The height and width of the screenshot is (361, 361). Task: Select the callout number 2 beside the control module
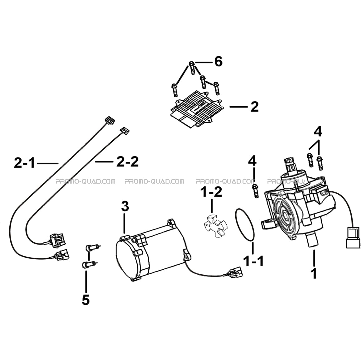pyautogui.click(x=254, y=107)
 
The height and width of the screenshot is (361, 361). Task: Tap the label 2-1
pyautogui.click(x=24, y=162)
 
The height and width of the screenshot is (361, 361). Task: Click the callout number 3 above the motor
pyautogui.click(x=125, y=206)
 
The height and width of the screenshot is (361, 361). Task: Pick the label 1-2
pyautogui.click(x=212, y=192)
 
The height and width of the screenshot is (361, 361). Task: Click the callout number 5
pyautogui.click(x=86, y=300)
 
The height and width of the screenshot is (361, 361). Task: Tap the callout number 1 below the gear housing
pyautogui.click(x=314, y=273)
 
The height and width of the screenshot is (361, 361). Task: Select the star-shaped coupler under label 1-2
pyautogui.click(x=215, y=226)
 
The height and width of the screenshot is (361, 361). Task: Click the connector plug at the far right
pyautogui.click(x=353, y=237)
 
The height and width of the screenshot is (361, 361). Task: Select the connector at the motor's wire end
pyautogui.click(x=234, y=272)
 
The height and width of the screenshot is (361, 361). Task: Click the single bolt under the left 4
pyautogui.click(x=255, y=191)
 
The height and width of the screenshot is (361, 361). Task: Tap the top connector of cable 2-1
pyautogui.click(x=110, y=120)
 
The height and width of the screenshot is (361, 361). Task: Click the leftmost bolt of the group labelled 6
pyautogui.click(x=174, y=90)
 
